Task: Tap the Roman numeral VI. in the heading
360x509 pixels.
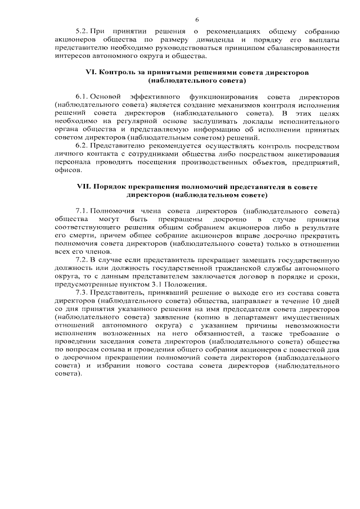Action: coord(91,73)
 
